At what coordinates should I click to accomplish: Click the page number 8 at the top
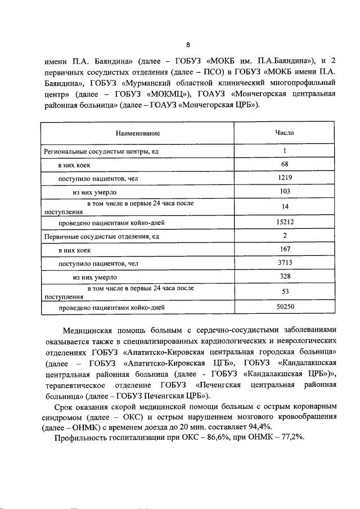pyautogui.click(x=188, y=46)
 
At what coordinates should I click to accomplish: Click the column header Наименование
pyautogui.click(x=138, y=134)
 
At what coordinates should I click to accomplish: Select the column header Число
pyautogui.click(x=284, y=133)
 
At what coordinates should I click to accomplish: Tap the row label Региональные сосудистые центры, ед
pyautogui.click(x=93, y=151)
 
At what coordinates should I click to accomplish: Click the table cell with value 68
pyautogui.click(x=285, y=164)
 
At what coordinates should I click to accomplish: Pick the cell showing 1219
pyautogui.click(x=285, y=178)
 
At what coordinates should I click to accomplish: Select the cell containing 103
pyautogui.click(x=285, y=192)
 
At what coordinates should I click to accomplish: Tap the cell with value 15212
pyautogui.click(x=285, y=222)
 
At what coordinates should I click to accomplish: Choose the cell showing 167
pyautogui.click(x=285, y=250)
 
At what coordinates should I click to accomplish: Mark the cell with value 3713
pyautogui.click(x=285, y=263)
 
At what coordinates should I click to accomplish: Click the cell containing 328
pyautogui.click(x=285, y=277)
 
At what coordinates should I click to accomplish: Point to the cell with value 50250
pyautogui.click(x=285, y=307)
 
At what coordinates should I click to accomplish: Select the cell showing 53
pyautogui.click(x=285, y=292)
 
